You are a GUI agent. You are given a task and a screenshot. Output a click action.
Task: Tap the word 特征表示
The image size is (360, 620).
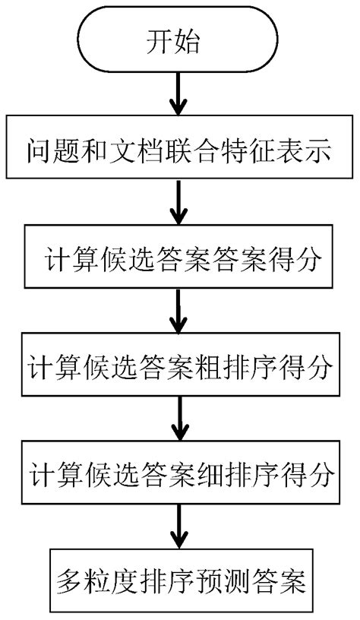click(x=280, y=152)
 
